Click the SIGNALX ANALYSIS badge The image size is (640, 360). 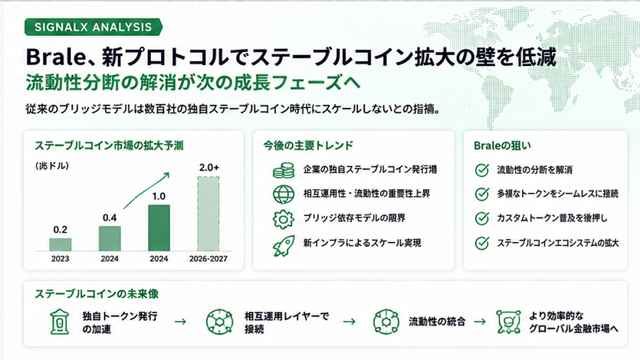(93, 27)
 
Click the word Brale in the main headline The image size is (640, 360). (54, 57)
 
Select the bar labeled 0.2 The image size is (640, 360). (61, 244)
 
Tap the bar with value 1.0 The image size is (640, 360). (159, 228)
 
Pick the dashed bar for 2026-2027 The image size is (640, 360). (208, 214)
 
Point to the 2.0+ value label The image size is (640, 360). (209, 167)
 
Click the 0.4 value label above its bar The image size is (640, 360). (110, 218)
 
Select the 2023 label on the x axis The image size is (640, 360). (61, 258)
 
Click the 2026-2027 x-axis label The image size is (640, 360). (208, 258)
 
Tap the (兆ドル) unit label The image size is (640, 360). (52, 166)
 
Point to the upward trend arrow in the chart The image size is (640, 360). (146, 191)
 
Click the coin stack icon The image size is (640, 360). (284, 170)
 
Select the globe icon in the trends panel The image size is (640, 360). (284, 194)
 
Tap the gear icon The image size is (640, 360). (284, 219)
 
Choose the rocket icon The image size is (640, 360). (284, 245)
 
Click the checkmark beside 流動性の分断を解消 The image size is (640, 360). (482, 170)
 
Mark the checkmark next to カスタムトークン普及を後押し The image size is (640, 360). (482, 218)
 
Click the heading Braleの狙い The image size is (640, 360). (503, 146)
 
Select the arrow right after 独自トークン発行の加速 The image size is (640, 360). (180, 322)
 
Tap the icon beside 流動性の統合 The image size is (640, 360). (386, 322)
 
